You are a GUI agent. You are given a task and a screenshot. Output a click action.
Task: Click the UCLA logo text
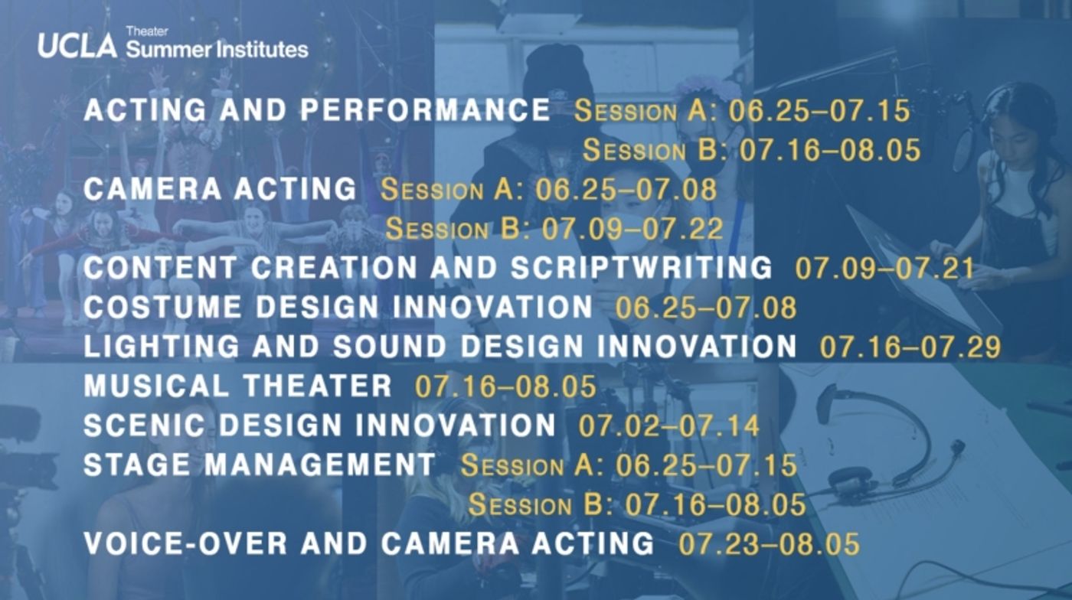pyautogui.click(x=77, y=46)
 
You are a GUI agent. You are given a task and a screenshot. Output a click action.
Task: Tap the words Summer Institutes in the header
pyautogui.click(x=217, y=51)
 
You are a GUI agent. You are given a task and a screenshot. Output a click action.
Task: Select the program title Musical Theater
pyautogui.click(x=237, y=386)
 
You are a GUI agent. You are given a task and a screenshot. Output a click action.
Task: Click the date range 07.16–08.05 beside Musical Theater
pyautogui.click(x=505, y=386)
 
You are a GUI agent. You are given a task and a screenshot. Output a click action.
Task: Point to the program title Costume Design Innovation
pyautogui.click(x=338, y=307)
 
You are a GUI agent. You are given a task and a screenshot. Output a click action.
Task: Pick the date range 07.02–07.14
pyautogui.click(x=668, y=426)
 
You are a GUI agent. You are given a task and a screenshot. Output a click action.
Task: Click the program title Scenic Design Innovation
pyautogui.click(x=319, y=426)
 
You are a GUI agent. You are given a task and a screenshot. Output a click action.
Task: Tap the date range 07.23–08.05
pyautogui.click(x=769, y=544)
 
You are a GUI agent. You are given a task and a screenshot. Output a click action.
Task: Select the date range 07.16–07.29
pyautogui.click(x=910, y=347)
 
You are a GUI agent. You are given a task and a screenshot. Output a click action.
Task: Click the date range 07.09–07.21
pyautogui.click(x=884, y=268)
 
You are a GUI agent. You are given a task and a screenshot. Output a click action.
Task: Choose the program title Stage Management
pyautogui.click(x=260, y=465)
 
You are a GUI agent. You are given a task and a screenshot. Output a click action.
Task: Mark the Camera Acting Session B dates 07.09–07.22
pyautogui.click(x=632, y=228)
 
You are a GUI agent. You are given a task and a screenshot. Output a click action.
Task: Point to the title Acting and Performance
pyautogui.click(x=316, y=110)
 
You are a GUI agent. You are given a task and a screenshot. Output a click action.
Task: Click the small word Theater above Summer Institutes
pyautogui.click(x=147, y=31)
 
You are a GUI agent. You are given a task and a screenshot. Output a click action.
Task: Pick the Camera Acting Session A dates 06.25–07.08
pyautogui.click(x=626, y=189)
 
